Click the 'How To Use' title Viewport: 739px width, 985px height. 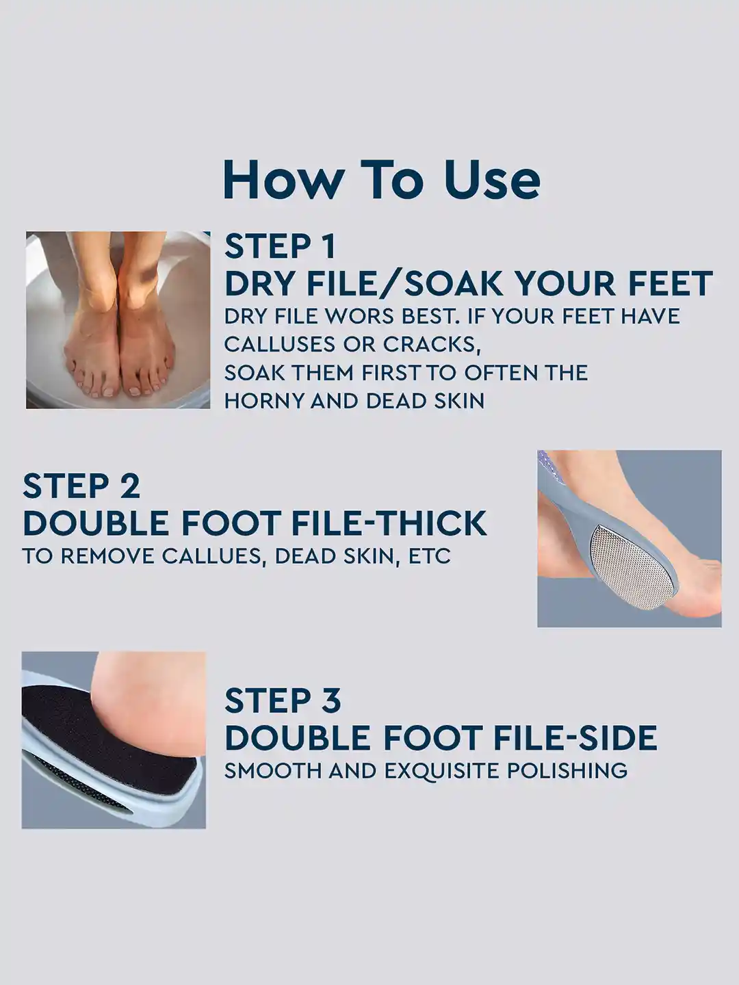(381, 180)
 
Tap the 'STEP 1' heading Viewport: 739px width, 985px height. (280, 247)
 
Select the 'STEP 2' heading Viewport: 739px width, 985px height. (81, 486)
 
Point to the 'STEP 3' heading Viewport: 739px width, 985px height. (283, 701)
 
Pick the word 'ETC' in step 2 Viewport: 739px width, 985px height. (429, 556)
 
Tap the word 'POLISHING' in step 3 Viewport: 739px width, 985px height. (567, 771)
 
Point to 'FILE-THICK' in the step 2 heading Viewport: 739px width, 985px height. (389, 524)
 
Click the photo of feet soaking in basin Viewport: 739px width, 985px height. (118, 320)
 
